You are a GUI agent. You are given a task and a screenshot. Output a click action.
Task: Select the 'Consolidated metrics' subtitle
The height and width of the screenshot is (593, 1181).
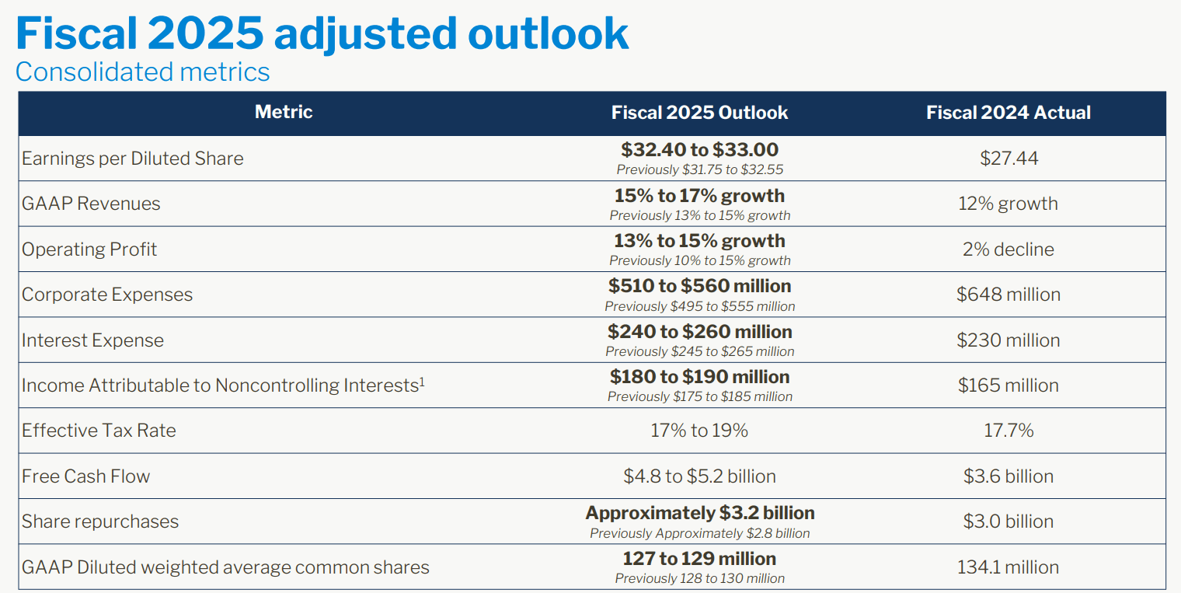click(143, 72)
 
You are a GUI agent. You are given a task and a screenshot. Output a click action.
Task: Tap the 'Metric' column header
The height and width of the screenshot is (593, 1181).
click(284, 112)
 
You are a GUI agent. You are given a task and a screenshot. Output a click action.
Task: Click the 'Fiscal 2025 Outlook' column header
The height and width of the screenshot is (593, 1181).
click(699, 113)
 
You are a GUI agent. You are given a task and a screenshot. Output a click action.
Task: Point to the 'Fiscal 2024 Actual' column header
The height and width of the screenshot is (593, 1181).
click(1008, 113)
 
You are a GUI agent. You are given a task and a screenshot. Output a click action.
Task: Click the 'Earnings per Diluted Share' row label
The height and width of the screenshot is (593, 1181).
click(133, 159)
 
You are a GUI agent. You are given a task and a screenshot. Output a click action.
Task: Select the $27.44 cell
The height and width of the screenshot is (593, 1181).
click(1009, 159)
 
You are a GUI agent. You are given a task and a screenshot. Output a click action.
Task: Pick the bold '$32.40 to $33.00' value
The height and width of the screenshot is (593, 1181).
click(699, 149)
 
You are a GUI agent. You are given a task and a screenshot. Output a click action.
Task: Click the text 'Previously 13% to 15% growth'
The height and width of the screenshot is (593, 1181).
click(699, 215)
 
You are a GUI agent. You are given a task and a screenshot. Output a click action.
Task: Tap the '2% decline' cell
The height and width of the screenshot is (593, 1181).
click(1009, 249)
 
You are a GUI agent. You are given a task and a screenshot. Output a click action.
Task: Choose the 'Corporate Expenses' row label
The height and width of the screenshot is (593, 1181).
click(107, 295)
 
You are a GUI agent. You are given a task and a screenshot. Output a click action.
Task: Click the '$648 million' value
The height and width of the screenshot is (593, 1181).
click(1009, 295)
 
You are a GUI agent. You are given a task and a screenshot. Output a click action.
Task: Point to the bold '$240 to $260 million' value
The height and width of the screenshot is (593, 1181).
click(699, 332)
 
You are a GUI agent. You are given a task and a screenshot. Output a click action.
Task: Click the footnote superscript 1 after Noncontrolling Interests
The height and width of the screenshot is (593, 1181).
click(422, 381)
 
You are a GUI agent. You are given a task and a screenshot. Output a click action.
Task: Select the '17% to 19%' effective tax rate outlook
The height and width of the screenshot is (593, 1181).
click(699, 431)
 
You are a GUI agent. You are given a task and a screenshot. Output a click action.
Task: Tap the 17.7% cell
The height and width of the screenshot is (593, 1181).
click(1009, 431)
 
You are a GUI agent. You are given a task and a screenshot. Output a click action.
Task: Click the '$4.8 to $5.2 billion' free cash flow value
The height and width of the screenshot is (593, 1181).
click(699, 476)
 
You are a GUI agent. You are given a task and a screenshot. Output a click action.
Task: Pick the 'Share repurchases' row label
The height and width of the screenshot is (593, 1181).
click(100, 521)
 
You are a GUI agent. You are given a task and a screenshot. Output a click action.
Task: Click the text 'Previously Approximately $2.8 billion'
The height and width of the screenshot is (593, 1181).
click(699, 533)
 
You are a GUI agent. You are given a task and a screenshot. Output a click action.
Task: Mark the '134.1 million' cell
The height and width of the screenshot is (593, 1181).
click(1009, 567)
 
